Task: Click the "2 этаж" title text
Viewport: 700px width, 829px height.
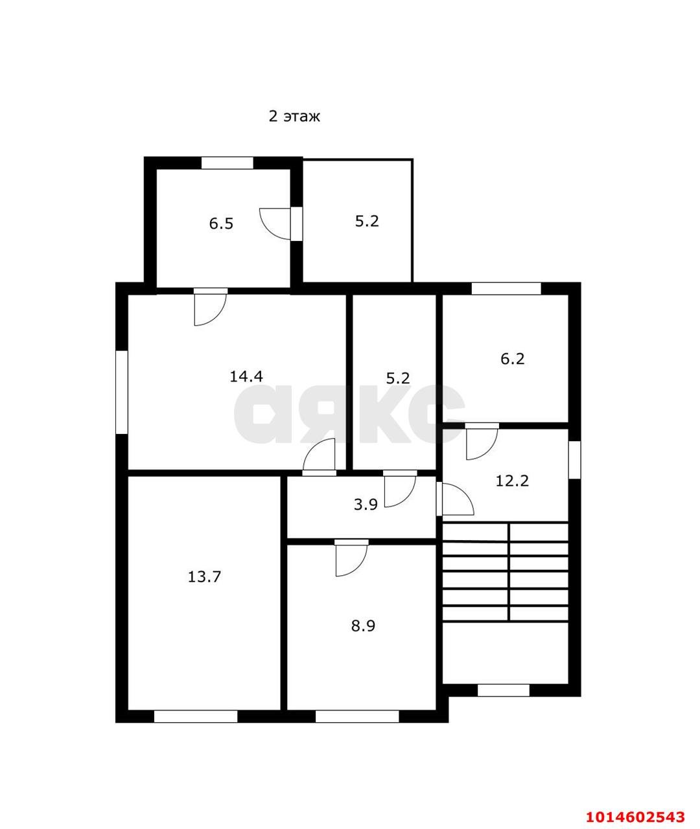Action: pyautogui.click(x=294, y=117)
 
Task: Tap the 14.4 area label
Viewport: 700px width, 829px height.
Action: pyautogui.click(x=246, y=376)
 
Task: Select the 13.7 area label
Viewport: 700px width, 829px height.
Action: pyautogui.click(x=204, y=576)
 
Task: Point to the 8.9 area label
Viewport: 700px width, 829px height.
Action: pyautogui.click(x=363, y=626)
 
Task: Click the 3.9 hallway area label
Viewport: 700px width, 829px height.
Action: pyautogui.click(x=366, y=505)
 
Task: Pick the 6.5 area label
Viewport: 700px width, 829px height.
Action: pyautogui.click(x=221, y=223)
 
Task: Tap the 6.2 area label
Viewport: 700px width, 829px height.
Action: pyautogui.click(x=513, y=359)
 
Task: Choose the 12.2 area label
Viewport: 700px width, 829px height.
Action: pyautogui.click(x=512, y=481)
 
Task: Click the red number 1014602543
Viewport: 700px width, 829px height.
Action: pyautogui.click(x=636, y=813)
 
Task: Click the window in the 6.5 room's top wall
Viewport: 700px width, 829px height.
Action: pyautogui.click(x=227, y=163)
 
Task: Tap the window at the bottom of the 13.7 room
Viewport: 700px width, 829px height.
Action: pyautogui.click(x=196, y=717)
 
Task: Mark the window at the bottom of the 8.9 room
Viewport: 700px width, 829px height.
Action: pyautogui.click(x=357, y=717)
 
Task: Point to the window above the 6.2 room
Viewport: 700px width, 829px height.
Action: pyautogui.click(x=506, y=289)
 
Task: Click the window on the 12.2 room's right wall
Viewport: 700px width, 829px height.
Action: pyautogui.click(x=574, y=460)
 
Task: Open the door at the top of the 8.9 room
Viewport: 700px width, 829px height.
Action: pyautogui.click(x=351, y=558)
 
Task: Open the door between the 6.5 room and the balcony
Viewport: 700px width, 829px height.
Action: pyautogui.click(x=281, y=224)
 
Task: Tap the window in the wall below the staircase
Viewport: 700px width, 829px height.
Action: pyautogui.click(x=504, y=690)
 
